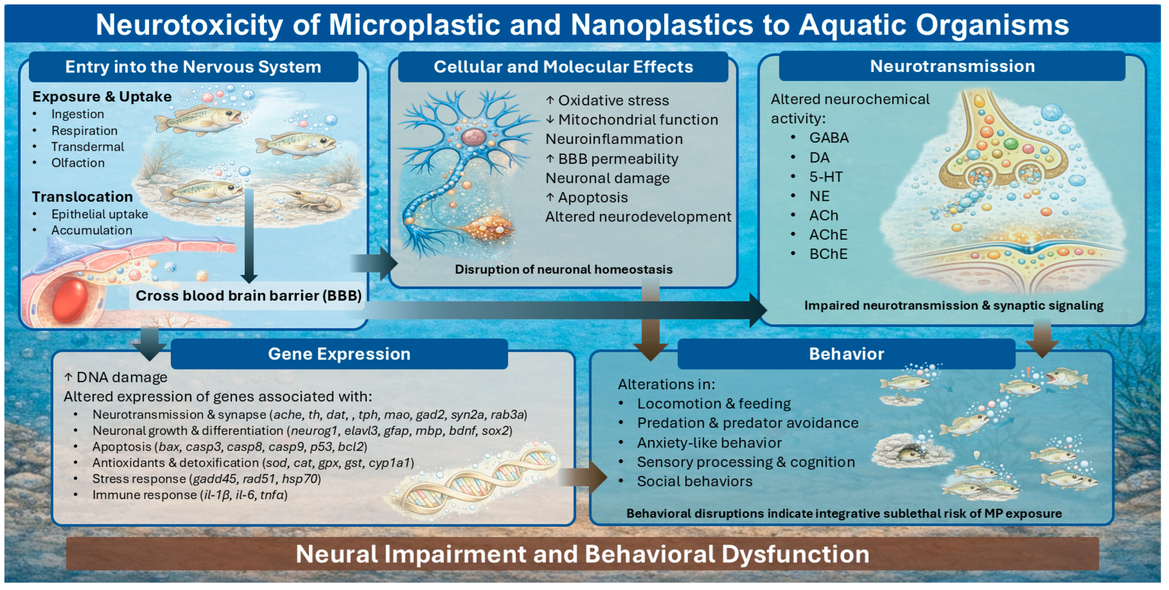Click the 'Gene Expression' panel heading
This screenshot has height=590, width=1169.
339,354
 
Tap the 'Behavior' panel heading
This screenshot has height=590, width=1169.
846,354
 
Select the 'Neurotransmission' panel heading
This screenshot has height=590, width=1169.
952,66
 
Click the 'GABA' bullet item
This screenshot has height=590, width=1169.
829,138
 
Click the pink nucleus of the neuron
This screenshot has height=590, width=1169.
473,137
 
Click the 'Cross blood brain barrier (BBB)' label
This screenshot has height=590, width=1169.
248,296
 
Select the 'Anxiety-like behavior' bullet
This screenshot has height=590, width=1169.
709,443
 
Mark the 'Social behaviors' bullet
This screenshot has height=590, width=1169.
694,481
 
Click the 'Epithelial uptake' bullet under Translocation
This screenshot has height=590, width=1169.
99,214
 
